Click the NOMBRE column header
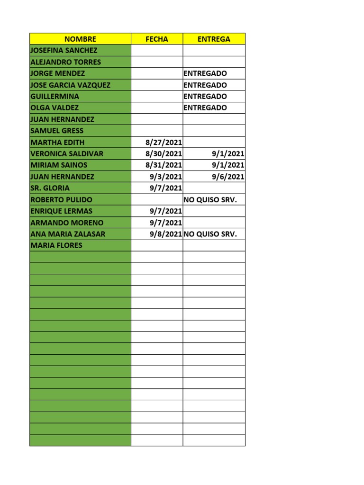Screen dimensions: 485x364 (x=80, y=39)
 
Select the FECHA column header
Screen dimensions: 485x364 (x=156, y=39)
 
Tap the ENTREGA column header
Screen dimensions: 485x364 (x=214, y=39)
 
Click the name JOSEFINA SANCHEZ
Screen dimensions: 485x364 (x=64, y=51)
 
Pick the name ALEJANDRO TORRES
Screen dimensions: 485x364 (x=65, y=62)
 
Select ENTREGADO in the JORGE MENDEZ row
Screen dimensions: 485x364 (x=205, y=73)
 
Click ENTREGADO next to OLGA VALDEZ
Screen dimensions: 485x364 (x=205, y=108)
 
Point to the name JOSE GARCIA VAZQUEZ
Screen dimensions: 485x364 (x=70, y=85)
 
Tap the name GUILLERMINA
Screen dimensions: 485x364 (x=55, y=97)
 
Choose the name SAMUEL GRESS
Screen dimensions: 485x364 (x=56, y=131)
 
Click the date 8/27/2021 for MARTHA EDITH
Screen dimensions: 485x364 (x=164, y=142)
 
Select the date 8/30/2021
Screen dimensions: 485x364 (x=164, y=153)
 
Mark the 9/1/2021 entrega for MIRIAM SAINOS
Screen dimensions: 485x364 (x=228, y=165)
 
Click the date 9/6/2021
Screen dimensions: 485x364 (x=228, y=177)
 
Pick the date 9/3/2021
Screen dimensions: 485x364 (x=166, y=177)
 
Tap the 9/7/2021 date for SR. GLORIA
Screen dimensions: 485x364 (x=166, y=188)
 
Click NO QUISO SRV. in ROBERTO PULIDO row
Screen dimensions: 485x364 (x=210, y=199)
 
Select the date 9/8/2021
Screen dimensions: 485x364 (x=166, y=234)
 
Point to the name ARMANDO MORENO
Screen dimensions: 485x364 (x=67, y=223)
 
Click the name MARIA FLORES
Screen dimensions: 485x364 (x=56, y=245)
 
